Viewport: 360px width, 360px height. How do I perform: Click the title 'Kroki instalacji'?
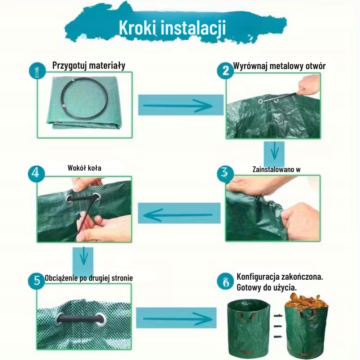point(172,28)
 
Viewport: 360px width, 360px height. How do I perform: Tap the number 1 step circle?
point(37,71)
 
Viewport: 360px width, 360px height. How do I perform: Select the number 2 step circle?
point(225,71)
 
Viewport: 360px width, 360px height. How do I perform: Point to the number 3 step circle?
point(225,173)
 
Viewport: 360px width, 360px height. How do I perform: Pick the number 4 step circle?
point(36,174)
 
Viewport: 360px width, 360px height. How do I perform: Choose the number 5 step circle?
point(36,281)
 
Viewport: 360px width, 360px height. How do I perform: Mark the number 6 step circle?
point(225,282)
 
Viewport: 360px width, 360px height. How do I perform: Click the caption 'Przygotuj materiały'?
point(89,66)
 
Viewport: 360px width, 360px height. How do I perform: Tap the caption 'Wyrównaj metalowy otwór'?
point(279,66)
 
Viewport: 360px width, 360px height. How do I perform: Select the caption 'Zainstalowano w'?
point(276,170)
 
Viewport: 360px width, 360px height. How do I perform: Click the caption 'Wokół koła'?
point(84,168)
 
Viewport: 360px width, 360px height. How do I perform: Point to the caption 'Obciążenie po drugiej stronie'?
point(89,278)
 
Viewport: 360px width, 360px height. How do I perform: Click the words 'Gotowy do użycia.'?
point(266,288)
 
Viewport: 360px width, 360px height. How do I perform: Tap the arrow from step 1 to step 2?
point(178,105)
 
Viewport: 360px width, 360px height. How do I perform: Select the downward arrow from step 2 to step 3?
point(275,151)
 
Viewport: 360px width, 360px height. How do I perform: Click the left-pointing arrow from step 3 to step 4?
point(178,215)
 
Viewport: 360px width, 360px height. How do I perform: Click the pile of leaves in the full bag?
point(306,301)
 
